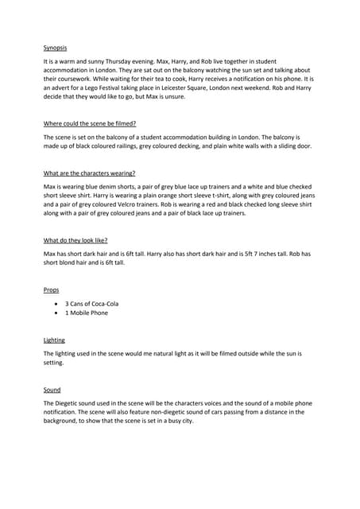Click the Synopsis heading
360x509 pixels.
tap(56, 48)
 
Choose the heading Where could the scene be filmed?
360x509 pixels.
tap(89, 124)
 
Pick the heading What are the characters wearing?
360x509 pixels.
tap(89, 173)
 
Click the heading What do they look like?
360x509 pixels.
tap(75, 239)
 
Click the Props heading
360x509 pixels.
tap(52, 290)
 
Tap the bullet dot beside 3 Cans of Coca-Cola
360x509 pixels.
tap(55, 304)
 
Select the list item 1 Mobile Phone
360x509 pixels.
tap(87, 313)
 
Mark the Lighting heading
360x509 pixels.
tap(55, 340)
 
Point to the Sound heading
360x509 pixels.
tap(52, 390)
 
